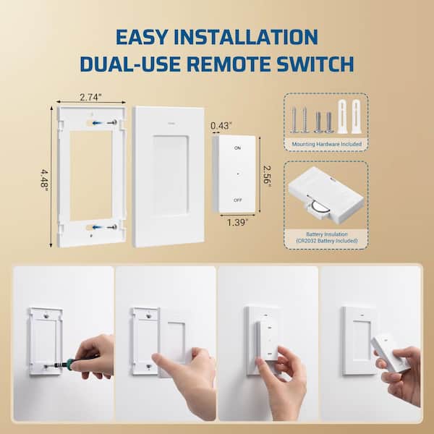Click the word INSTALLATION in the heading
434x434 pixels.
coord(247,36)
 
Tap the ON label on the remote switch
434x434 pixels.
coord(237,148)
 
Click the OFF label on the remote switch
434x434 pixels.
coord(237,199)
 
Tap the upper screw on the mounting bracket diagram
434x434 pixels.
coord(111,123)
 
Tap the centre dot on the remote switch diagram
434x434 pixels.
coord(237,174)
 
